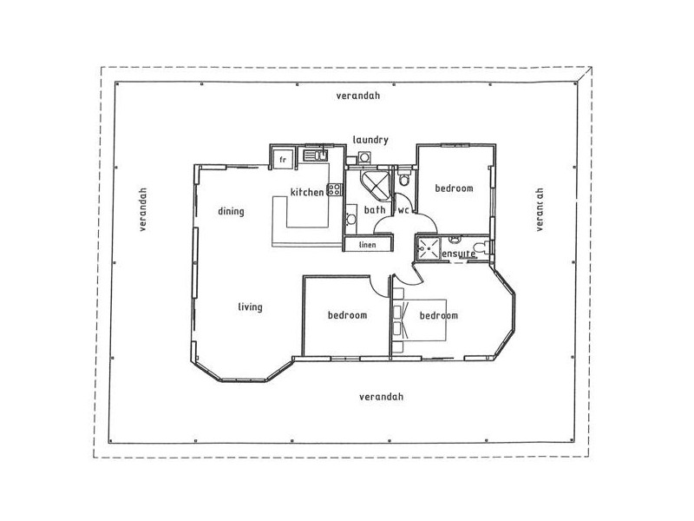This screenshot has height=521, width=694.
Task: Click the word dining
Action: (231, 211)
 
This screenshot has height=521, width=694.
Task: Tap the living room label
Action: (250, 307)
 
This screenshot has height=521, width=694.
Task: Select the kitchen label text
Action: (306, 192)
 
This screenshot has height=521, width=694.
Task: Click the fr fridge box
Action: (283, 159)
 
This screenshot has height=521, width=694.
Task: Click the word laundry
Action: (370, 139)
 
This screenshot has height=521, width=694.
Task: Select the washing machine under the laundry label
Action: (364, 157)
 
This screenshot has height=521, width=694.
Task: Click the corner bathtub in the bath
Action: (376, 185)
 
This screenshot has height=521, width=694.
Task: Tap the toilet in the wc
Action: (403, 179)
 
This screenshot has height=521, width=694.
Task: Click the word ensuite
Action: (458, 253)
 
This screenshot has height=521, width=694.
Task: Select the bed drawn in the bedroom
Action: (426, 319)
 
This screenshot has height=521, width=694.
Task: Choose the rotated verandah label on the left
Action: (143, 209)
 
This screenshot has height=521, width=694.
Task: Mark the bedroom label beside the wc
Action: (453, 188)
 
